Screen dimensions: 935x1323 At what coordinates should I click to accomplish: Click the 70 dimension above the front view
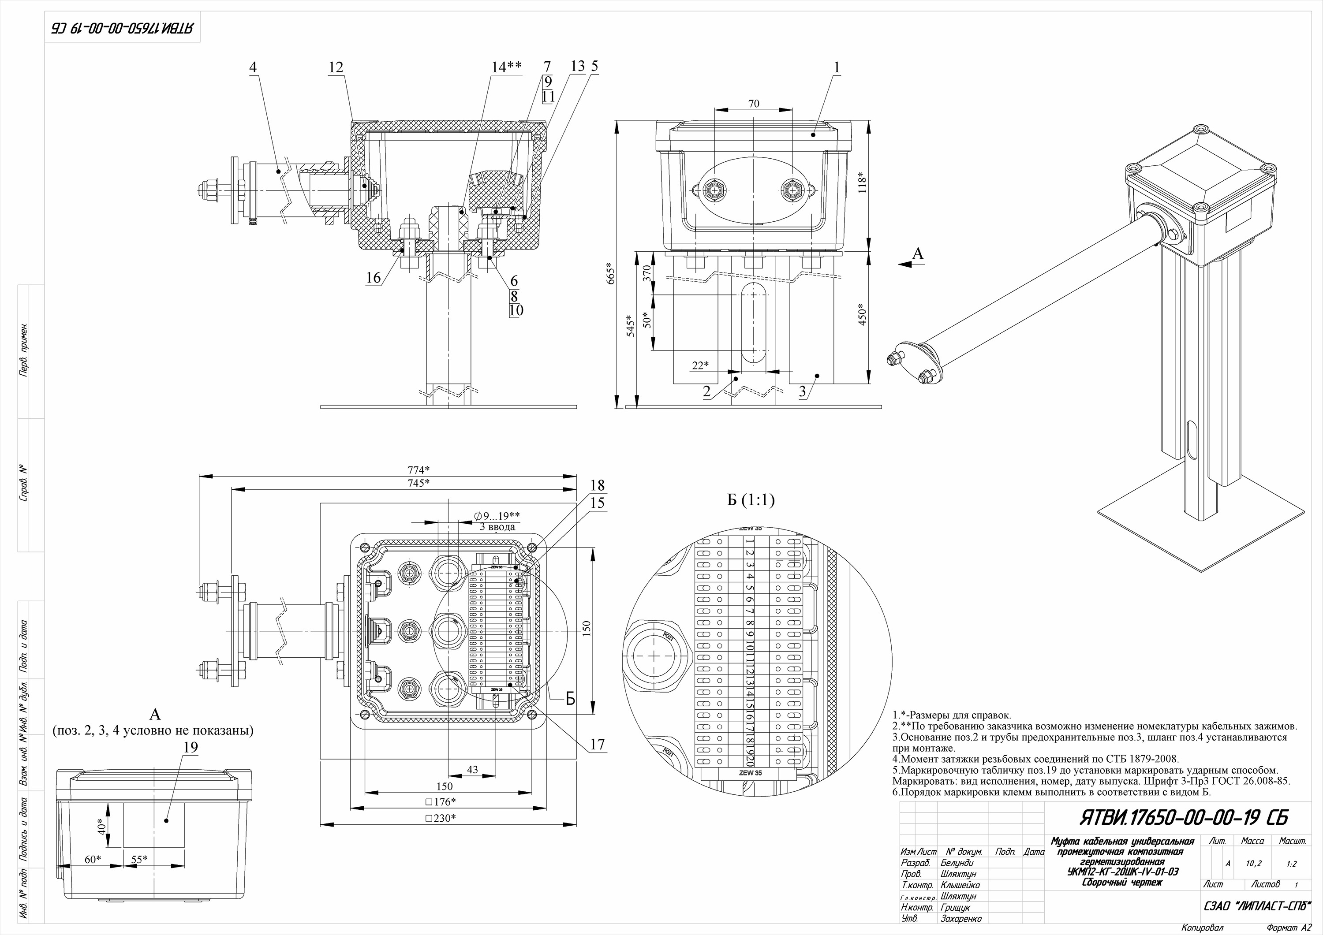click(x=754, y=104)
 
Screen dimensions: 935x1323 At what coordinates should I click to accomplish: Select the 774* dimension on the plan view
click(x=419, y=469)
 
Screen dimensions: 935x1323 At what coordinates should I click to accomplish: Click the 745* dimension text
click(x=419, y=483)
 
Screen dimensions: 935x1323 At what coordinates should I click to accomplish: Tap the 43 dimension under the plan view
click(x=472, y=770)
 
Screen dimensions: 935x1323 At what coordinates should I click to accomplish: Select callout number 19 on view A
click(x=191, y=747)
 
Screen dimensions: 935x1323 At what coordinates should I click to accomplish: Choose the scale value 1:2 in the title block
click(x=1291, y=864)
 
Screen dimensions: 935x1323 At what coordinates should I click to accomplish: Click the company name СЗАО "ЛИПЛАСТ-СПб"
click(x=1256, y=906)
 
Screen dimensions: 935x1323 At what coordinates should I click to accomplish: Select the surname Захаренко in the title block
click(x=961, y=919)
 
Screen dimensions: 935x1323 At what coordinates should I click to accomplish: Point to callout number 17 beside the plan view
click(x=598, y=744)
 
